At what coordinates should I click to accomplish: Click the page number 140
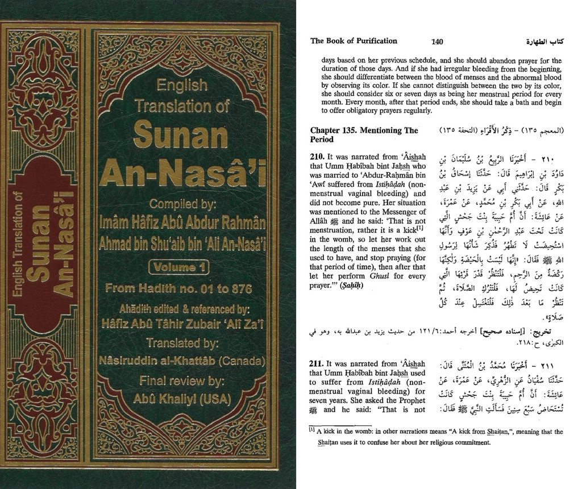click(437, 41)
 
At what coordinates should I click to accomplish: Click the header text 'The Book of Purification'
click(354, 41)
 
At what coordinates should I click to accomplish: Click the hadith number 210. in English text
click(317, 156)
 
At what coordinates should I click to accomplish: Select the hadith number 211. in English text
click(317, 363)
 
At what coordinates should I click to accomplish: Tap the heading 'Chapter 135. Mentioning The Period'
click(364, 135)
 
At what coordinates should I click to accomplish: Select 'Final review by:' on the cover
click(182, 381)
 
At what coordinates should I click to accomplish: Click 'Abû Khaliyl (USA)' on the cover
click(182, 399)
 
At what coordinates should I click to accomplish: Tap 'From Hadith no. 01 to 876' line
click(179, 289)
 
